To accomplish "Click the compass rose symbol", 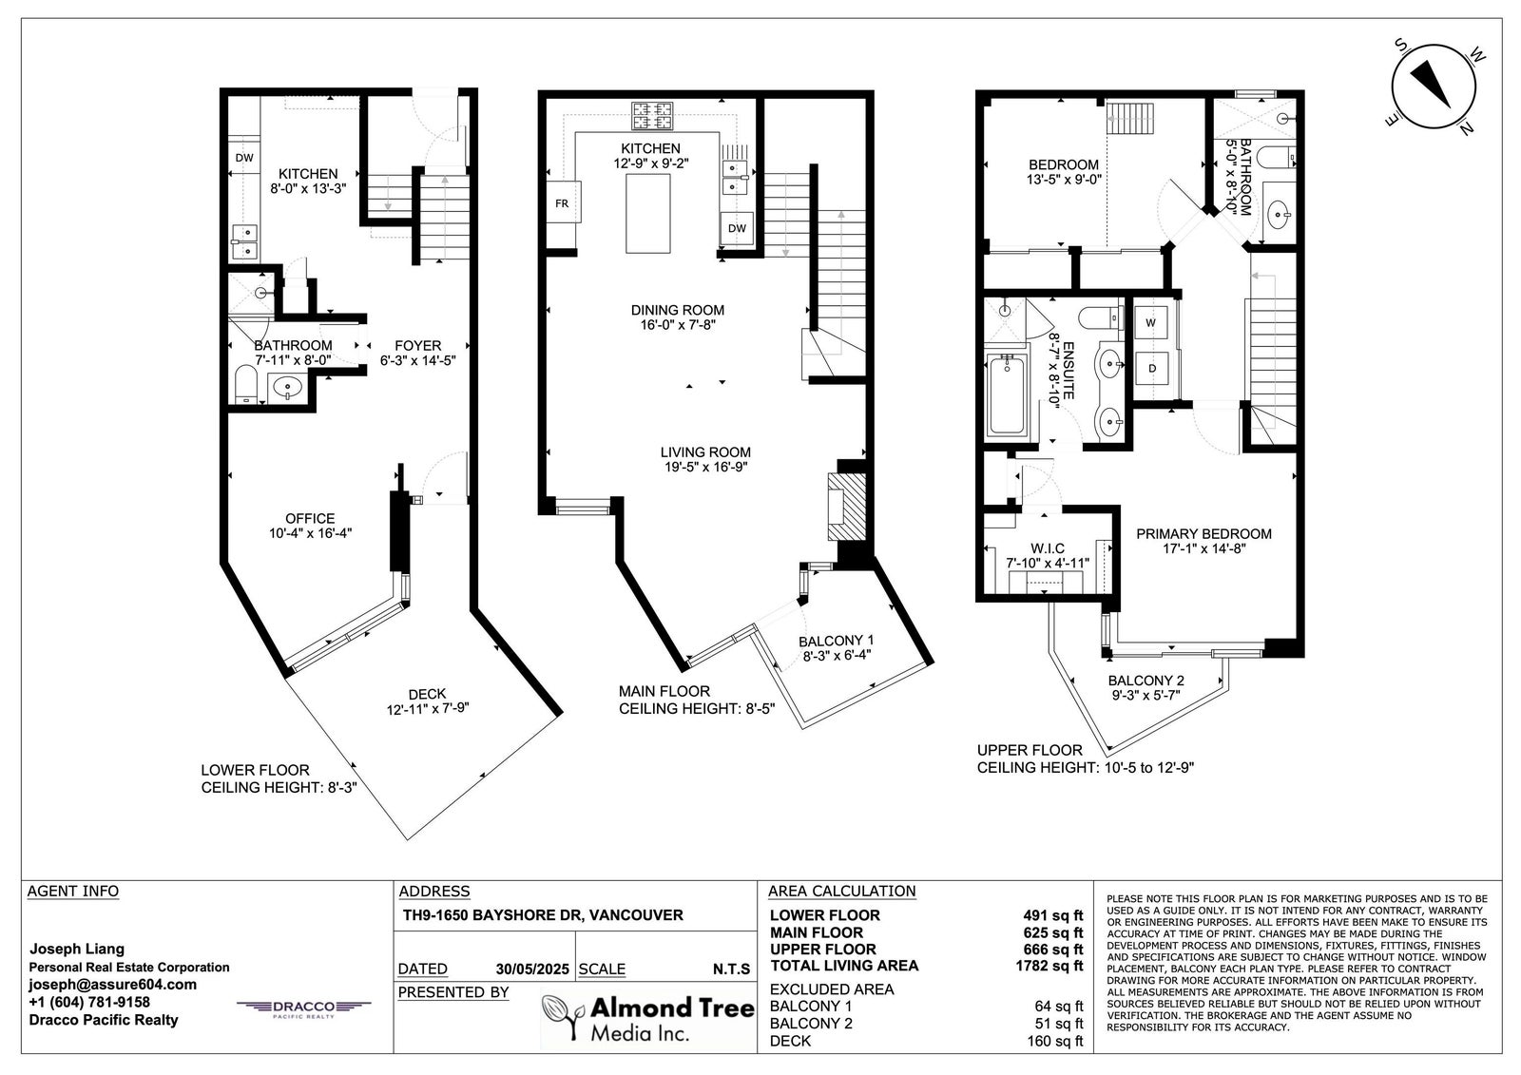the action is pyautogui.click(x=1434, y=86).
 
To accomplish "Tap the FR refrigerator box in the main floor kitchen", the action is pyautogui.click(x=562, y=202).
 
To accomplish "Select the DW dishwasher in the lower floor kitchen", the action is pyautogui.click(x=243, y=158).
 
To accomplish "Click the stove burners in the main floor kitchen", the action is pyautogui.click(x=652, y=115).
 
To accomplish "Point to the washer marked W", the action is pyautogui.click(x=1150, y=322).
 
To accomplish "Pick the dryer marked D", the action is pyautogui.click(x=1151, y=368).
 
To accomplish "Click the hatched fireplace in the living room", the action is pyautogui.click(x=846, y=506).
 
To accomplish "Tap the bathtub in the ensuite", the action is pyautogui.click(x=1007, y=395).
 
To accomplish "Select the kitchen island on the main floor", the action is pyautogui.click(x=647, y=213).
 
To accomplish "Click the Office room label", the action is pyautogui.click(x=310, y=518).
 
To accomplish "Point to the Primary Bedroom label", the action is pyautogui.click(x=1203, y=534).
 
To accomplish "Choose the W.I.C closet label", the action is pyautogui.click(x=1047, y=548).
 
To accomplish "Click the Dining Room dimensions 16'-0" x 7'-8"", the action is pyautogui.click(x=677, y=325).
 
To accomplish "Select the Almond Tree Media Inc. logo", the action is pyautogui.click(x=647, y=1017).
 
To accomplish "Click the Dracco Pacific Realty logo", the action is pyautogui.click(x=303, y=1008).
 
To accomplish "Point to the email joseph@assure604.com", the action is pyautogui.click(x=113, y=985).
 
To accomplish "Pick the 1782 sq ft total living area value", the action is pyautogui.click(x=1049, y=966).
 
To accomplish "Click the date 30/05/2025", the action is pyautogui.click(x=532, y=969).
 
